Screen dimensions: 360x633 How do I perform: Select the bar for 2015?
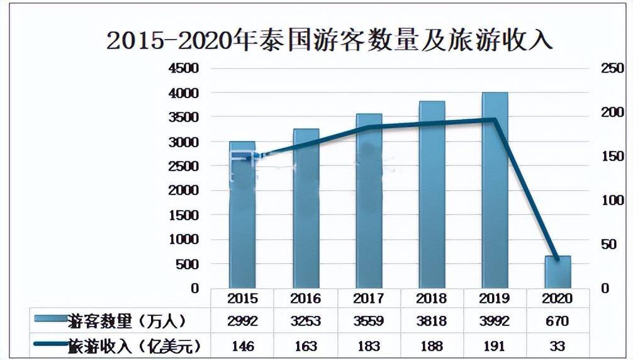[242, 214]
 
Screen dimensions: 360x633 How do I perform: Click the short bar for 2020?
[557, 272]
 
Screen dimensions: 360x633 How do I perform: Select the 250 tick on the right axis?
[611, 69]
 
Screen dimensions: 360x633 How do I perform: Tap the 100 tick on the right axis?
[611, 201]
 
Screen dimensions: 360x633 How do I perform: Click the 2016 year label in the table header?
[305, 298]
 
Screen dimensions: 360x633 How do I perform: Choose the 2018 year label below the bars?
[432, 298]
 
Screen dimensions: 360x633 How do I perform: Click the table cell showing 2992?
[242, 322]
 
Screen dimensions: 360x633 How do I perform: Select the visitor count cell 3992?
[495, 322]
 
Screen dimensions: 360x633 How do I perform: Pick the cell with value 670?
[557, 322]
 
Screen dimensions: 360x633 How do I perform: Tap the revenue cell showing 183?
[369, 346]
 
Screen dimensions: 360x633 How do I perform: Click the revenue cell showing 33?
[557, 346]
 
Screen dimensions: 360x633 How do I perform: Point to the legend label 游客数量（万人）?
[126, 322]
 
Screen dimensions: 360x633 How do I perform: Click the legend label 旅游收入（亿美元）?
[133, 346]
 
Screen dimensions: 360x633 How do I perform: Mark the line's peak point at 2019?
[495, 120]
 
